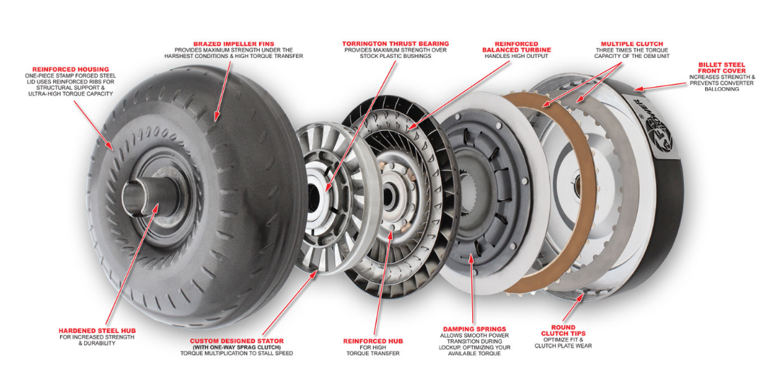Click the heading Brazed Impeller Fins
[233, 43]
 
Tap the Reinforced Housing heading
[71, 69]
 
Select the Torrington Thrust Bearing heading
[395, 43]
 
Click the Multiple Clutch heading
[632, 43]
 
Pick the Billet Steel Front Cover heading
[722, 68]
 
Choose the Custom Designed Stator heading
[236, 341]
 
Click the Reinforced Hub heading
[374, 341]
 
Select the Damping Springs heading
[474, 329]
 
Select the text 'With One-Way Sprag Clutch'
[236, 347]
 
